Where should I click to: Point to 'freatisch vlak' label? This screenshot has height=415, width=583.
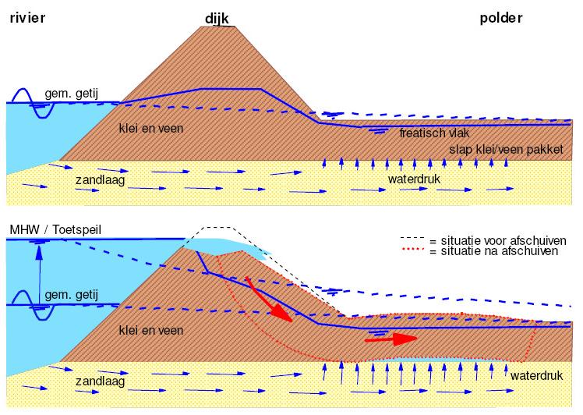432,133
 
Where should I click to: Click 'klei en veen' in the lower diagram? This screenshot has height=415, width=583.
151,331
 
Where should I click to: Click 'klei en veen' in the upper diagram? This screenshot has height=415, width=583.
151,127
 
